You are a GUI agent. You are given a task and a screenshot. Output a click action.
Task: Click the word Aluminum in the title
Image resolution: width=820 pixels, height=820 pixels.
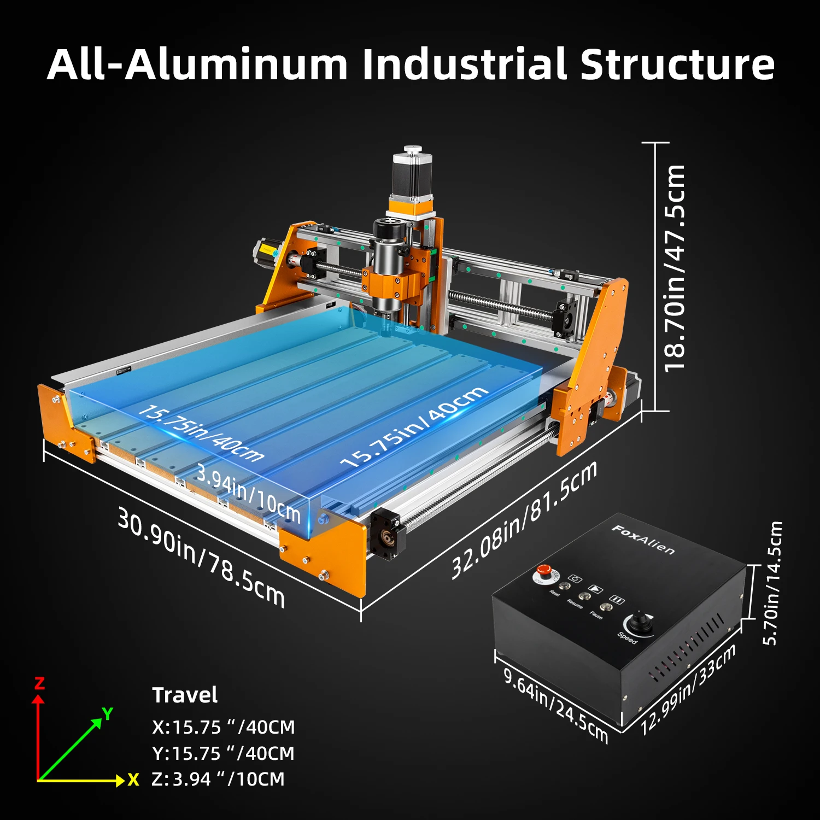[x=236, y=65]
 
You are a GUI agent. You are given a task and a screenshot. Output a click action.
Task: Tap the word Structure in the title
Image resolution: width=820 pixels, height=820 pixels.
[x=677, y=65]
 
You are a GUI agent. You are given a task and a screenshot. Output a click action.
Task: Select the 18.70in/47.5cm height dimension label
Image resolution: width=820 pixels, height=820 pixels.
[x=675, y=268]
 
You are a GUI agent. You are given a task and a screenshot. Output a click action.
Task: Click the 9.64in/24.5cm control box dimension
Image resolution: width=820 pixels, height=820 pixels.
[x=555, y=705]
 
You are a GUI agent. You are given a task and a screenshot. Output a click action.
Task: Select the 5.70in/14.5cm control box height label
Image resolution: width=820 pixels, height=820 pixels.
[x=772, y=583]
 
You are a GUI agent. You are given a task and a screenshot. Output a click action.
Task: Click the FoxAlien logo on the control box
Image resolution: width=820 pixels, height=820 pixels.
[x=643, y=539]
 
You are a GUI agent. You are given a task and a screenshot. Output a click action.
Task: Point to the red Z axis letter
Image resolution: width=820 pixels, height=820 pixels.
[x=39, y=683]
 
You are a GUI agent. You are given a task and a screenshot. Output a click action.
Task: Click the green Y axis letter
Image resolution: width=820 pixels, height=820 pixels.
[x=108, y=713]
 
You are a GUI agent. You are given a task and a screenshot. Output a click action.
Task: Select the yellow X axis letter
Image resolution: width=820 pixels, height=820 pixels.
[x=133, y=780]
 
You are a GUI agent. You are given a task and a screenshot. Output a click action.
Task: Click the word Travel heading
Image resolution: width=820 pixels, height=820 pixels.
[x=185, y=695]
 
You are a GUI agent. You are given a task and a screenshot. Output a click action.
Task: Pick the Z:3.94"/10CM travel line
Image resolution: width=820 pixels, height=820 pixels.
[x=218, y=779]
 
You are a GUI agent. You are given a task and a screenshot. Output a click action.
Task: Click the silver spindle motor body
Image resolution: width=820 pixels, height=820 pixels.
[x=388, y=257]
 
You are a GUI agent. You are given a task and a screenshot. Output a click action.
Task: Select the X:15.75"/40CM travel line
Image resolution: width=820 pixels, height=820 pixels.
[x=223, y=727]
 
